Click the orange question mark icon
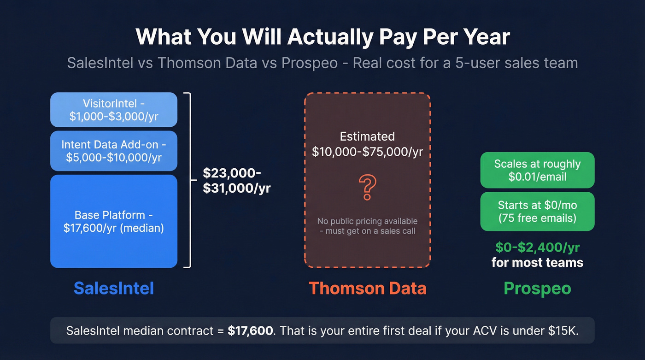click(x=367, y=187)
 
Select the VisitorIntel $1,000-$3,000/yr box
click(x=114, y=110)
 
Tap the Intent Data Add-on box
click(x=114, y=151)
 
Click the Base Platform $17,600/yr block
click(x=114, y=221)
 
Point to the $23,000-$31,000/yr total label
click(x=236, y=180)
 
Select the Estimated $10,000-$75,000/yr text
click(x=367, y=144)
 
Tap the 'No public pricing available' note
click(x=367, y=226)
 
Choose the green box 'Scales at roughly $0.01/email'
click(x=537, y=170)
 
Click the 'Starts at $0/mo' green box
click(x=537, y=211)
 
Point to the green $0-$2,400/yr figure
click(x=537, y=248)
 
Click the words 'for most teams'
click(x=537, y=263)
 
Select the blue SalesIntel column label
click(x=114, y=288)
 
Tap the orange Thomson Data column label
click(x=367, y=288)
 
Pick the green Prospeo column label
click(x=537, y=288)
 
